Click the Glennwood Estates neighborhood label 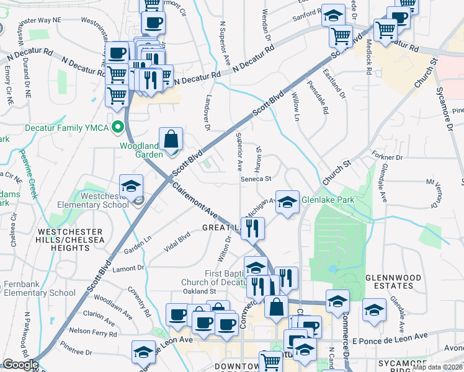point(389,281)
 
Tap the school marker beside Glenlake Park point(287,202)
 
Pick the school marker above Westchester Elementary point(131,186)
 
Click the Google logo point(20,365)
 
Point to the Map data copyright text point(437,367)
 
